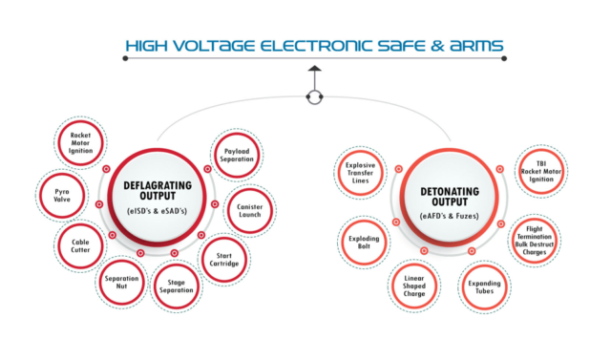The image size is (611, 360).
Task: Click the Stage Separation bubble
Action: pyautogui.click(x=177, y=289)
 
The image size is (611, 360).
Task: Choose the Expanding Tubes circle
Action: pyautogui.click(x=485, y=284)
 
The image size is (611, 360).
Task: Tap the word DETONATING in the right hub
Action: pyautogui.click(x=448, y=191)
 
